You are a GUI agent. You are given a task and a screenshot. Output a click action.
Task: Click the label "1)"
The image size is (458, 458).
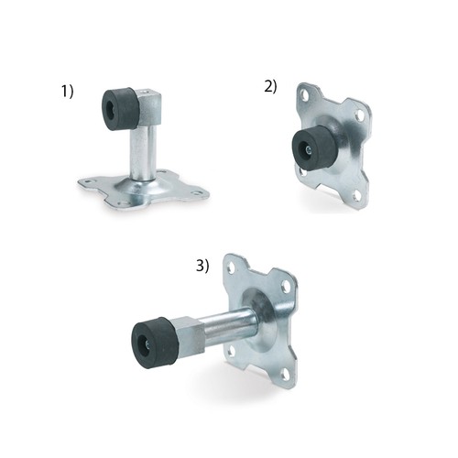(68, 92)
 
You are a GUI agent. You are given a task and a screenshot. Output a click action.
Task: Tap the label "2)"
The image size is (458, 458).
(270, 87)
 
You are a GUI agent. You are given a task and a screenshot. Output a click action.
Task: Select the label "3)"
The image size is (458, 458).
(202, 266)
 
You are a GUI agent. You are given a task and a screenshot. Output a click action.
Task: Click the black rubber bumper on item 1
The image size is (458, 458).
(120, 109)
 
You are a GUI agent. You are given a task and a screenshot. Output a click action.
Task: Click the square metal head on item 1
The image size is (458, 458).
(150, 107)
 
